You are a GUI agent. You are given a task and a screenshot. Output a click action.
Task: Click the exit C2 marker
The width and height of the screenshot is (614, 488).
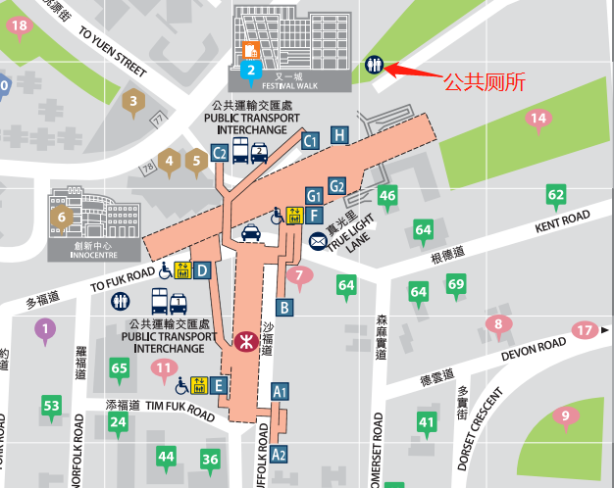pyautogui.click(x=220, y=152)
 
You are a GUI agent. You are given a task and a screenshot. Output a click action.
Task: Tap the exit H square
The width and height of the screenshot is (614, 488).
pyautogui.click(x=339, y=134)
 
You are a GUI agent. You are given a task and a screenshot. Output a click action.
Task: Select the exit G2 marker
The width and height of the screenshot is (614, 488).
pyautogui.click(x=337, y=186)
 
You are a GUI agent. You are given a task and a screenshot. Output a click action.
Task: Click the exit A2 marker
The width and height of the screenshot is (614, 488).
pyautogui.click(x=279, y=454)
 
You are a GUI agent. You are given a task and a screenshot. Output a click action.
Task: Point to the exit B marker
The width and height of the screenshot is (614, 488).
pyautogui.click(x=284, y=308)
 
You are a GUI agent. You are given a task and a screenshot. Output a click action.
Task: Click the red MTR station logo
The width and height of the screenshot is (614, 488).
pyautogui.click(x=246, y=344)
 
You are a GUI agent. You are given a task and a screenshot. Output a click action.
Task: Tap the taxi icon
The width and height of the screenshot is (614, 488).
pyautogui.click(x=251, y=233)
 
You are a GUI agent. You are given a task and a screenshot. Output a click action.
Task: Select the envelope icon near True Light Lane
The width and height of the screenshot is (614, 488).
pyautogui.click(x=319, y=241)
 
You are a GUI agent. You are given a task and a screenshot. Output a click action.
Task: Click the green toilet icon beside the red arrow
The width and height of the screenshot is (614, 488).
pyautogui.click(x=374, y=64)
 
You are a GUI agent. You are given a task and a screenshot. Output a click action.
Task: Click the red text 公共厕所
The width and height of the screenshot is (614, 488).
pyautogui.click(x=484, y=82)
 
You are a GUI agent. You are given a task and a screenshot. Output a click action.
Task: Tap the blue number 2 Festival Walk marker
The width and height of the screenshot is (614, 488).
pyautogui.click(x=251, y=70)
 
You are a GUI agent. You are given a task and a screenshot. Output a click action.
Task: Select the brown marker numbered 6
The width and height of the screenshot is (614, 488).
pyautogui.click(x=61, y=218)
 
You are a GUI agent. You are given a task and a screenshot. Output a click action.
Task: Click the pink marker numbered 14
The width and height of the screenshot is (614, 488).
pyautogui.click(x=537, y=120)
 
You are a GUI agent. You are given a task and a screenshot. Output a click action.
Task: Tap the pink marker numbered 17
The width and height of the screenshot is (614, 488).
pyautogui.click(x=585, y=330)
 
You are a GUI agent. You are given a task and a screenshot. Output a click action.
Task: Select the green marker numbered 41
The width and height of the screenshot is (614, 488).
pyautogui.click(x=427, y=423)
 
